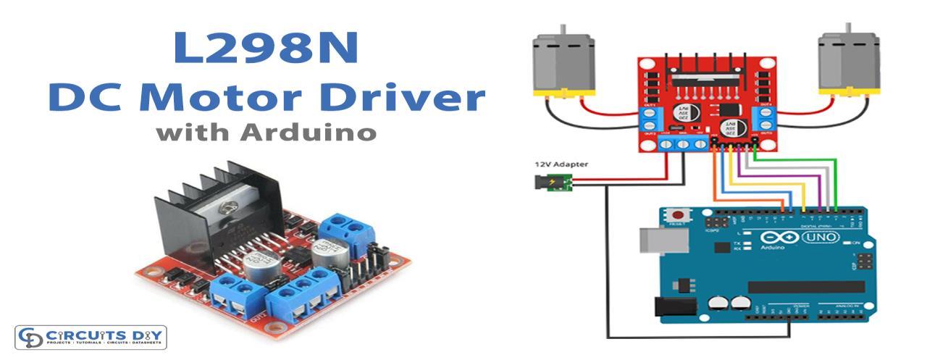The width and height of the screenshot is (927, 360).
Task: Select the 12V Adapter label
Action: [561, 165]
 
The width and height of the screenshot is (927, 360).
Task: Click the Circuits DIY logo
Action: [91, 338]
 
